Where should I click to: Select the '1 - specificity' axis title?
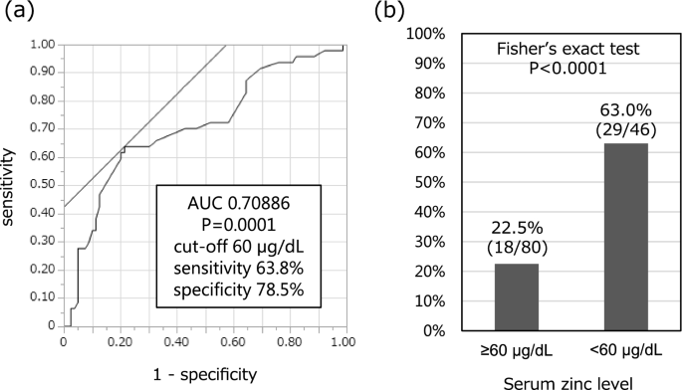[203, 374]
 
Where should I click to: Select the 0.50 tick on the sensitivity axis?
[41, 185]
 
